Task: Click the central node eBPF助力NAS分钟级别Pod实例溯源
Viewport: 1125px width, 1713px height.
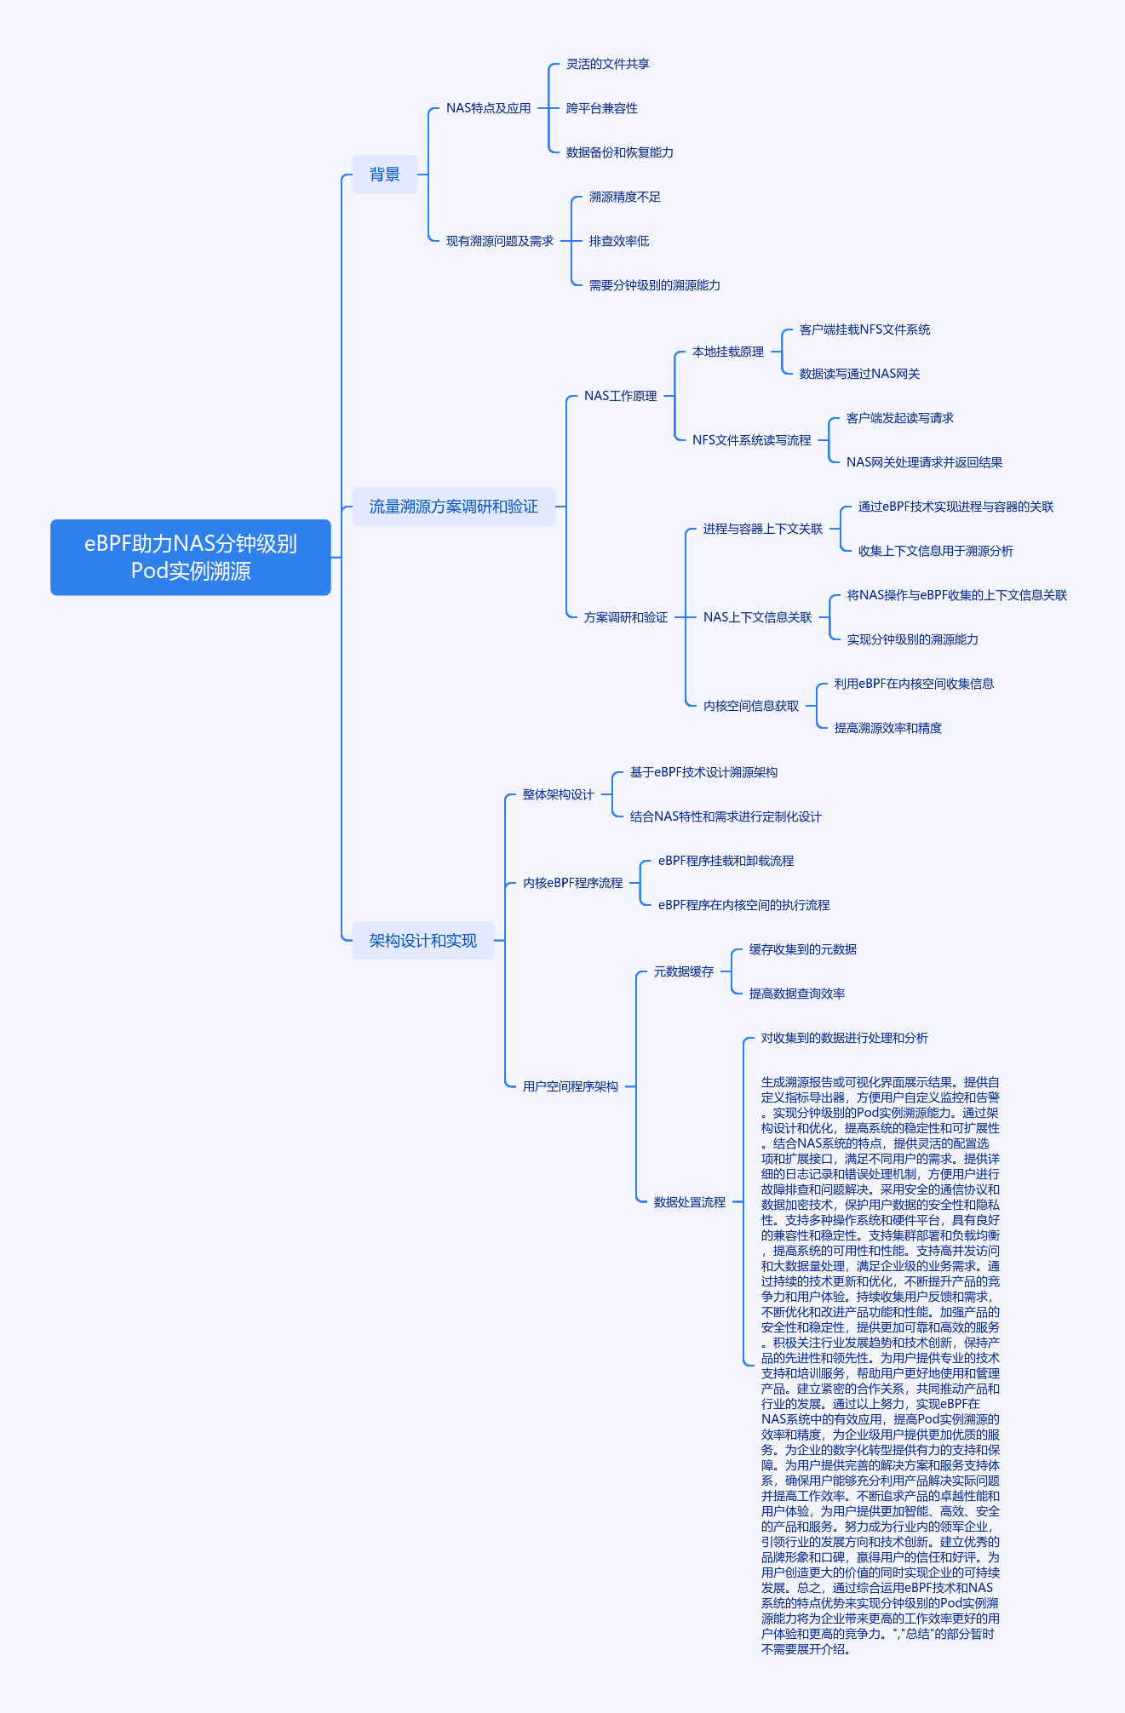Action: [191, 557]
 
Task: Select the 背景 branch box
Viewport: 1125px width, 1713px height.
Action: [385, 175]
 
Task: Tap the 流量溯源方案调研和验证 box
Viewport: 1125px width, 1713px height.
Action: [454, 507]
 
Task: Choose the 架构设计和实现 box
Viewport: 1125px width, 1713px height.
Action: [423, 941]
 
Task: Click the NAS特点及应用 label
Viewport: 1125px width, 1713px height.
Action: [489, 108]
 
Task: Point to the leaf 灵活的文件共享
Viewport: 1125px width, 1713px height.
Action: [608, 64]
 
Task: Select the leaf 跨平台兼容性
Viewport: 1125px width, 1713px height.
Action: [602, 108]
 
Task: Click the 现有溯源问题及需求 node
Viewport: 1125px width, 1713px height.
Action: [500, 241]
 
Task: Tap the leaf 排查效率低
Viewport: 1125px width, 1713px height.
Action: [619, 241]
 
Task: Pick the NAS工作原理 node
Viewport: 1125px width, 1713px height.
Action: [621, 396]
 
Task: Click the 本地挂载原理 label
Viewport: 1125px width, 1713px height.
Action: [728, 352]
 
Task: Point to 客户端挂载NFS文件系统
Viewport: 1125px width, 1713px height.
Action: [865, 329]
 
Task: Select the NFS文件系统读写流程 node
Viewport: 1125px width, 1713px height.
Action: [752, 440]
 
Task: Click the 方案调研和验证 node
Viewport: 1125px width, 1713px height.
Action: [626, 617]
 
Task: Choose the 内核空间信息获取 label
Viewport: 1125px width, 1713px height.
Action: [751, 706]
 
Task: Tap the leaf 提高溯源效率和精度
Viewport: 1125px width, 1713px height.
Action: [888, 728]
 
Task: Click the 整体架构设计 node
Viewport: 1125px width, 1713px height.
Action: [559, 794]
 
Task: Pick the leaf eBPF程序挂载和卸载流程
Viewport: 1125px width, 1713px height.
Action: [726, 861]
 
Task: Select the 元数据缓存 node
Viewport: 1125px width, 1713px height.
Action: [684, 971]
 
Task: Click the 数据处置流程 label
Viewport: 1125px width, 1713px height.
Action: [690, 1202]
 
